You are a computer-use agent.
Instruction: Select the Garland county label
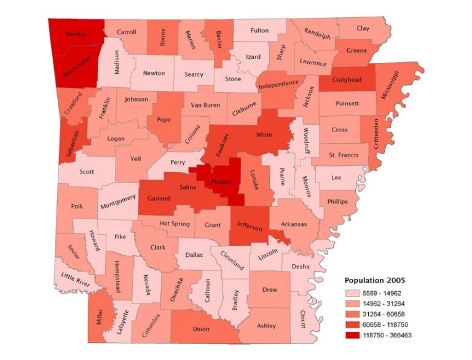pyautogui.click(x=159, y=199)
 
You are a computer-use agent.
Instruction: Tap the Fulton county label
pyautogui.click(x=260, y=30)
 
